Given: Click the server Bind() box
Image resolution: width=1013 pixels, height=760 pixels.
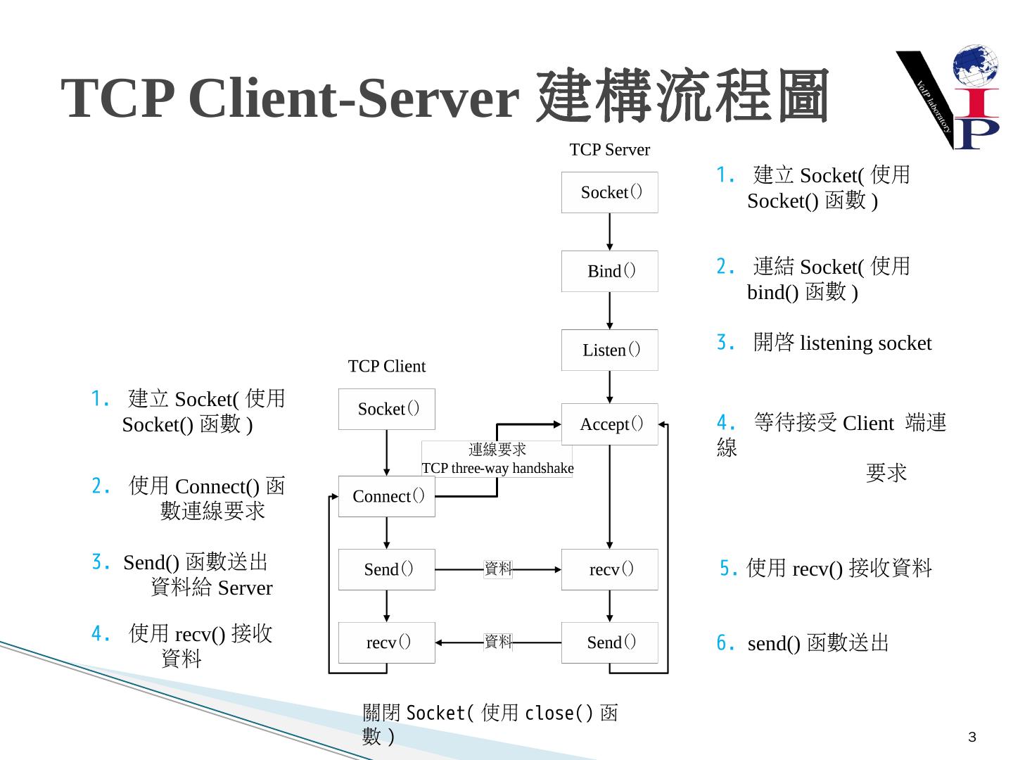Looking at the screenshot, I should click(x=610, y=271).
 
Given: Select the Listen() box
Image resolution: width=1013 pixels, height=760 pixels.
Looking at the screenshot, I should click(x=610, y=350).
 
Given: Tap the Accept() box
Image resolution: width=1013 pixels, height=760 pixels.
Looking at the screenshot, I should click(x=610, y=424).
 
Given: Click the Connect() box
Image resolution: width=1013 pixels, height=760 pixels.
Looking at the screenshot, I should click(x=387, y=496).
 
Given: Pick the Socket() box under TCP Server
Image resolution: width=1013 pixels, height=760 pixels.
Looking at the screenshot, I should click(x=610, y=192).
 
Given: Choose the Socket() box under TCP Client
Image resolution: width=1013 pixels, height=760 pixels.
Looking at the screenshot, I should click(x=387, y=409).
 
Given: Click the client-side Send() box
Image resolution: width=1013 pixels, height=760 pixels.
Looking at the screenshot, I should click(x=387, y=569).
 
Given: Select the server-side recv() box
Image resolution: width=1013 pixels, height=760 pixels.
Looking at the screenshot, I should click(x=610, y=569).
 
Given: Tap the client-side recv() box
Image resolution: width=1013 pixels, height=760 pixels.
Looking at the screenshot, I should click(x=387, y=642).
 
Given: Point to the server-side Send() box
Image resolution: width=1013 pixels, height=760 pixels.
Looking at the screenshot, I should click(x=610, y=642).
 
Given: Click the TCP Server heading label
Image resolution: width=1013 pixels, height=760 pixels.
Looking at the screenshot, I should click(x=610, y=150).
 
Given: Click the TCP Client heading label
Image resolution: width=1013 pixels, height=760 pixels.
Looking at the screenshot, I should click(x=387, y=367).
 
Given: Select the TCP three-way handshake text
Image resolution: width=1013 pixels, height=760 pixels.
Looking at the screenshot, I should click(x=497, y=469).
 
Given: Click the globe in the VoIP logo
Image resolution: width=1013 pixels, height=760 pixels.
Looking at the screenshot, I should click(x=975, y=67).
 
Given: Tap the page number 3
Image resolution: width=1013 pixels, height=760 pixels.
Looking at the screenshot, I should click(x=972, y=737).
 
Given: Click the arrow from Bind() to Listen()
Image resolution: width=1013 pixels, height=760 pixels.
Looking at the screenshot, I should click(x=610, y=310).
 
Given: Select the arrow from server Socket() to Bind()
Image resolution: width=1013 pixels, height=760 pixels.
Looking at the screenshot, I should click(x=610, y=232).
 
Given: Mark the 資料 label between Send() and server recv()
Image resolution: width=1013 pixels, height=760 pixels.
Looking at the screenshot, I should click(x=498, y=569).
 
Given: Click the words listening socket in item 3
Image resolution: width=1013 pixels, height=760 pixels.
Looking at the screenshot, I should click(x=865, y=343).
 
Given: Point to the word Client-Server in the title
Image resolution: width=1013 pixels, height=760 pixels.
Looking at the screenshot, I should click(x=354, y=98).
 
